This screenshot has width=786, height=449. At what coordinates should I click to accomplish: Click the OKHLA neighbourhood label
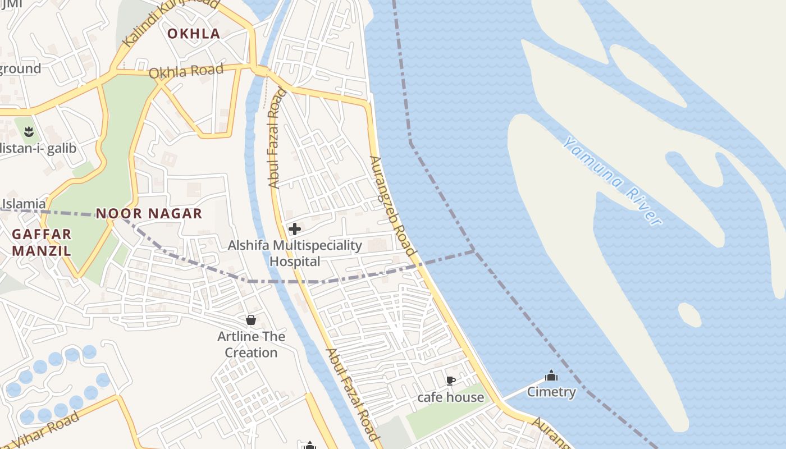(194, 34)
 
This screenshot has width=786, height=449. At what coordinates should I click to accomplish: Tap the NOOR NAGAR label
(149, 213)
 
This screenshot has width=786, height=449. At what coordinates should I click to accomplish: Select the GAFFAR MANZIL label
(42, 242)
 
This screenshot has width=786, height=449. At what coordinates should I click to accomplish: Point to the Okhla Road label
(186, 71)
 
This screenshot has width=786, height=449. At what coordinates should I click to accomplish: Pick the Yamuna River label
(613, 181)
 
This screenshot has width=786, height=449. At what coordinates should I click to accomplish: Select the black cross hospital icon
(294, 229)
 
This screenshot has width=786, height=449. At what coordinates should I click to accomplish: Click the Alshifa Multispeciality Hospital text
(295, 253)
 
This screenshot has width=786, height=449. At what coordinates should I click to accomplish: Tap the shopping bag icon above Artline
(251, 320)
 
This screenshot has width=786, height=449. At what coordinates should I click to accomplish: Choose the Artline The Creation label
(251, 345)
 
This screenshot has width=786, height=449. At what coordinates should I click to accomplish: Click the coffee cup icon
(450, 381)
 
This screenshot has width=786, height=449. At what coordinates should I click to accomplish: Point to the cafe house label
(450, 397)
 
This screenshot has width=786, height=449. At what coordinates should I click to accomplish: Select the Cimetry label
(551, 392)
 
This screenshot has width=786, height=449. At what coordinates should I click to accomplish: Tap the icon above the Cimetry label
(551, 375)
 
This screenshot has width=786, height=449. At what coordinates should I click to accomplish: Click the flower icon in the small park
(29, 132)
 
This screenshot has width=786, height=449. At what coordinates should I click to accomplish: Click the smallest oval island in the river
(689, 314)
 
